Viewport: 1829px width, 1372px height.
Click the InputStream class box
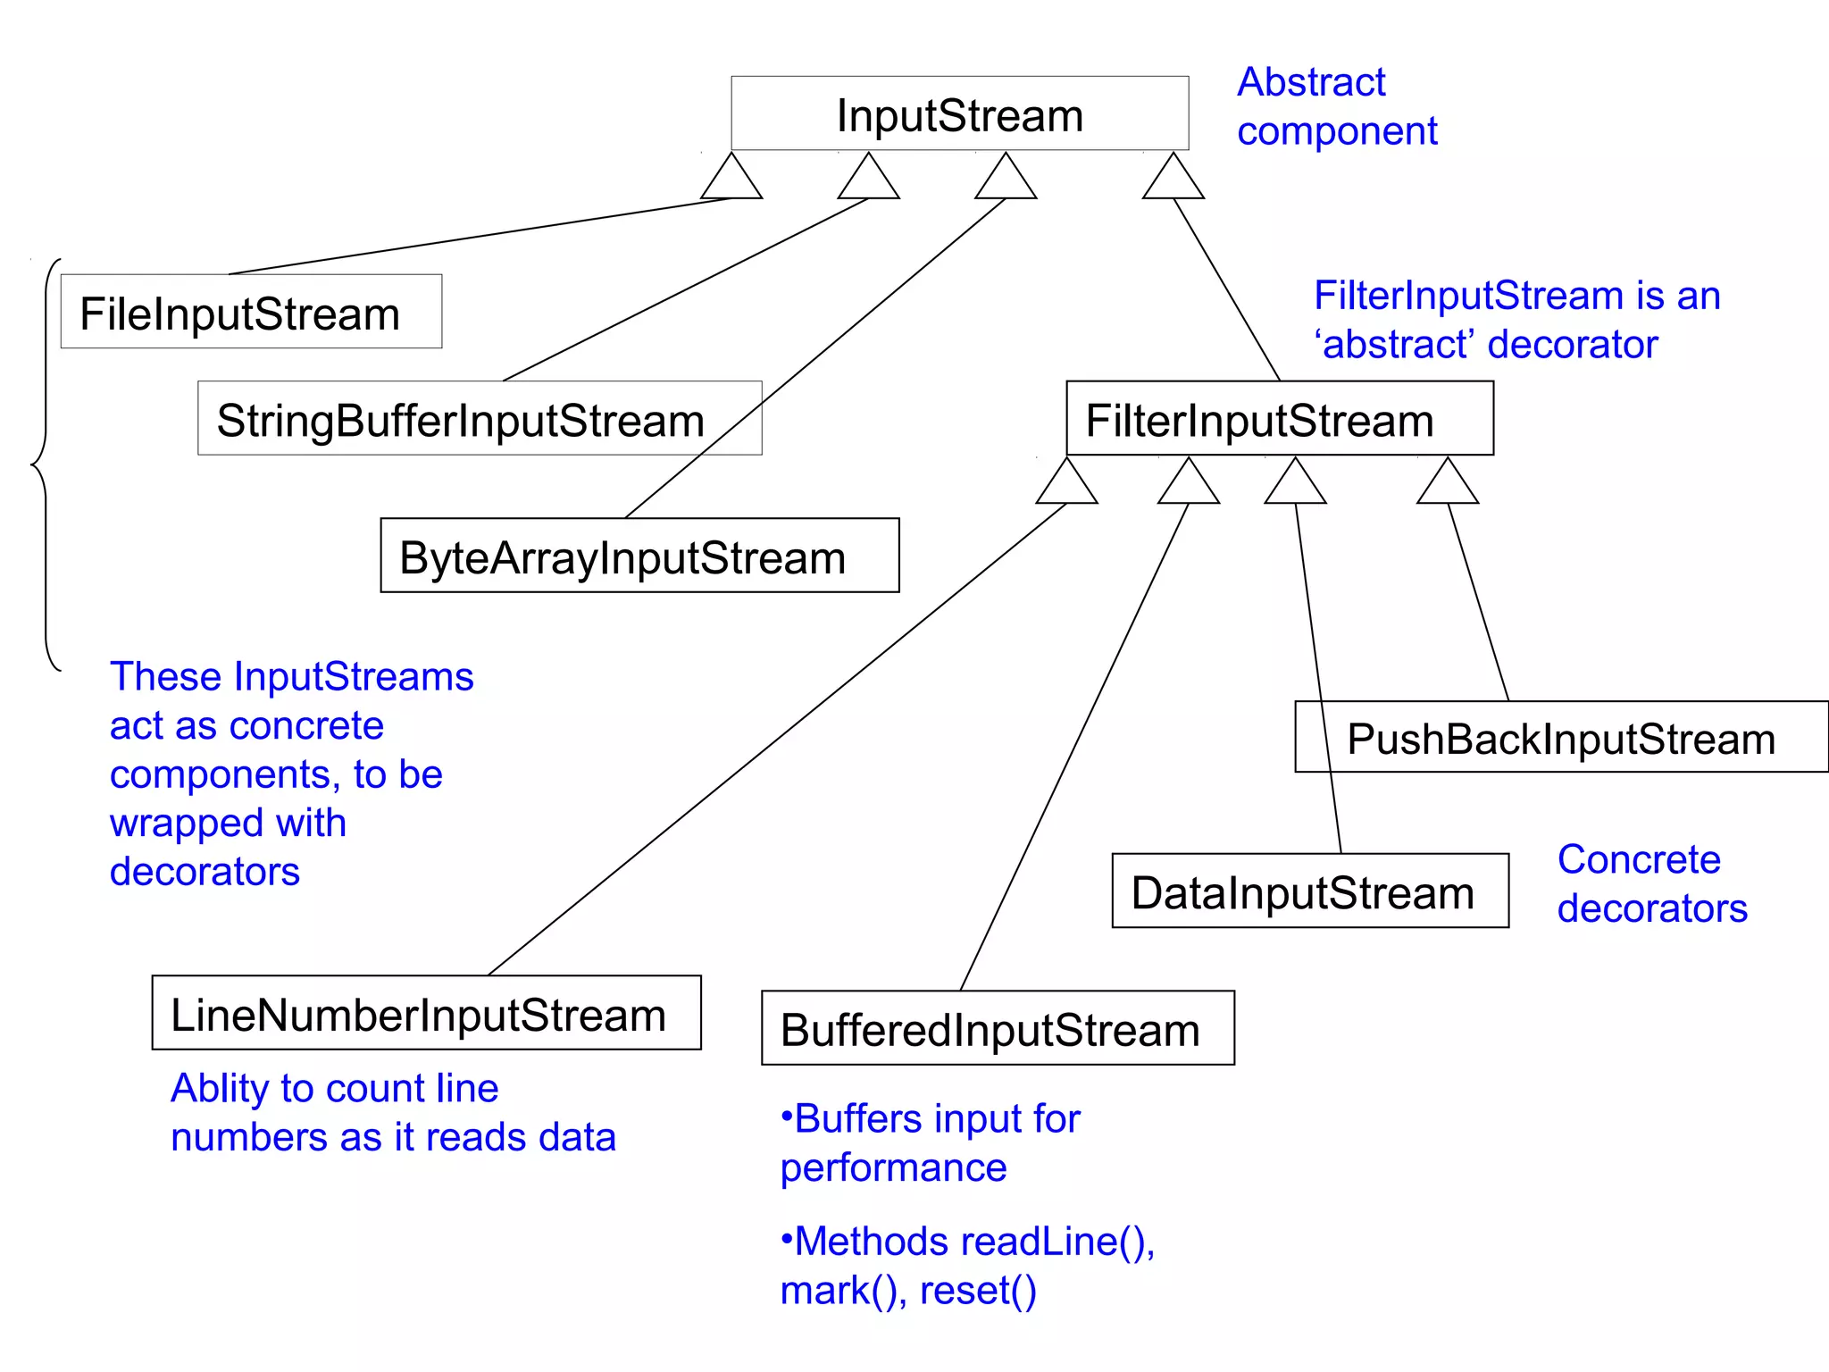pos(959,113)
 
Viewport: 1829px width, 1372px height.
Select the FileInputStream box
pos(251,312)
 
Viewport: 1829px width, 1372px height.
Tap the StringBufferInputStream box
pos(480,419)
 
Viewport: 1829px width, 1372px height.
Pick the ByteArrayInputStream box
pos(639,556)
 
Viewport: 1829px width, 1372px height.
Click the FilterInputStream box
pos(1279,419)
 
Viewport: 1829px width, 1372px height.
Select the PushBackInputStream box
pos(1560,738)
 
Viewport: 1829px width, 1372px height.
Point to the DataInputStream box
pos(1309,891)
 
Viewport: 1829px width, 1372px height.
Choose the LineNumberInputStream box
pos(426,1013)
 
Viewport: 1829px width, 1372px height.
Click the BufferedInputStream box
pos(998,1028)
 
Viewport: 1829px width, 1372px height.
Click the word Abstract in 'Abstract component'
pos(1310,82)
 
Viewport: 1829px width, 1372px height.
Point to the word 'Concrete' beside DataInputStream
pos(1639,859)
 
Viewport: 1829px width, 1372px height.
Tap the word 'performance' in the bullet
pos(893,1168)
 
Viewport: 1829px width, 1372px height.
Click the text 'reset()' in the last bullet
pos(978,1291)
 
